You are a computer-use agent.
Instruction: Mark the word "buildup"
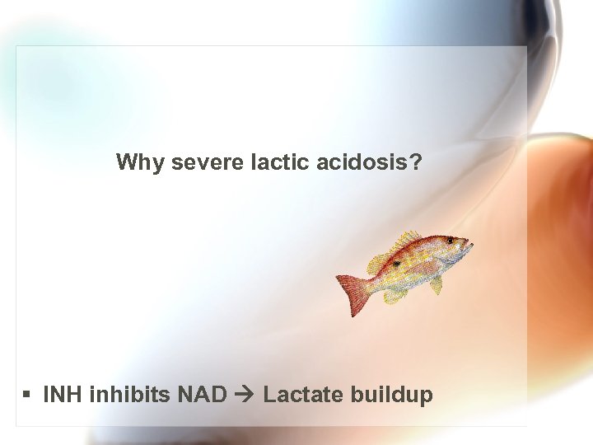pyautogui.click(x=391, y=396)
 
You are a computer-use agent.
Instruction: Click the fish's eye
pyautogui.click(x=450, y=241)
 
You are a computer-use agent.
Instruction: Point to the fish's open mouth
pyautogui.click(x=470, y=245)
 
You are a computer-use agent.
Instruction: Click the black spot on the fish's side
pyautogui.click(x=397, y=264)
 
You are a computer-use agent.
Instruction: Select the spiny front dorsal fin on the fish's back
pyautogui.click(x=409, y=241)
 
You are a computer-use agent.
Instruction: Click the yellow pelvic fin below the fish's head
pyautogui.click(x=436, y=284)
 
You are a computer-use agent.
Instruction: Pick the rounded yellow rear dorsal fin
pyautogui.click(x=377, y=263)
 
